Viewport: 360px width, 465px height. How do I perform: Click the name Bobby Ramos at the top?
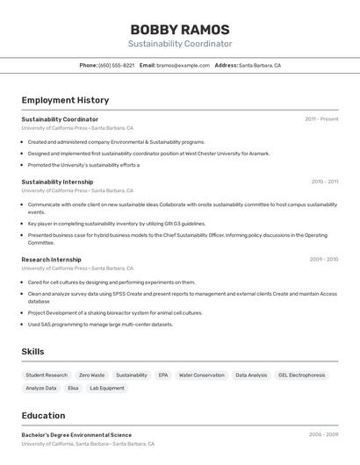(180, 29)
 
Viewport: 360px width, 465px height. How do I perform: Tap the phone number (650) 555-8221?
(117, 65)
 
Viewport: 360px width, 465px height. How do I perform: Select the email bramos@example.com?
(184, 65)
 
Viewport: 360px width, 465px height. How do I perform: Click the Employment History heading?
(65, 100)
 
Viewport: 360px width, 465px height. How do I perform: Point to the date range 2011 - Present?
(321, 119)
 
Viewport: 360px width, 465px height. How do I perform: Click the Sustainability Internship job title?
(57, 182)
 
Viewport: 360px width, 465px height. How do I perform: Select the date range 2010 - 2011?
(325, 182)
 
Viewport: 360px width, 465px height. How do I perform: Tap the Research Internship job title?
(51, 260)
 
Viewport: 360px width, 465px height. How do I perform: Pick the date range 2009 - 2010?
(324, 260)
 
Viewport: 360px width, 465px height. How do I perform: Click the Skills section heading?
(33, 352)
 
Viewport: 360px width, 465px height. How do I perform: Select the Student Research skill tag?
(47, 376)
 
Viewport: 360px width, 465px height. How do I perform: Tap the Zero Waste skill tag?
(91, 376)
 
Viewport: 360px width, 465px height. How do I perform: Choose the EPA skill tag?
(163, 376)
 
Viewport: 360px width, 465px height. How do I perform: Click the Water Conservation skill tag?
(202, 376)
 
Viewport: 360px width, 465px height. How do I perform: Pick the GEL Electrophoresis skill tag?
(302, 376)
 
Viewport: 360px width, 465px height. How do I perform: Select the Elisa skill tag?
(73, 388)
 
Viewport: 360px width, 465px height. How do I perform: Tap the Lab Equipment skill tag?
(107, 388)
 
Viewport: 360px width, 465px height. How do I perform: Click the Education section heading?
(43, 416)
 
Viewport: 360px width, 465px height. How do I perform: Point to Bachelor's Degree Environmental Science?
(76, 435)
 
